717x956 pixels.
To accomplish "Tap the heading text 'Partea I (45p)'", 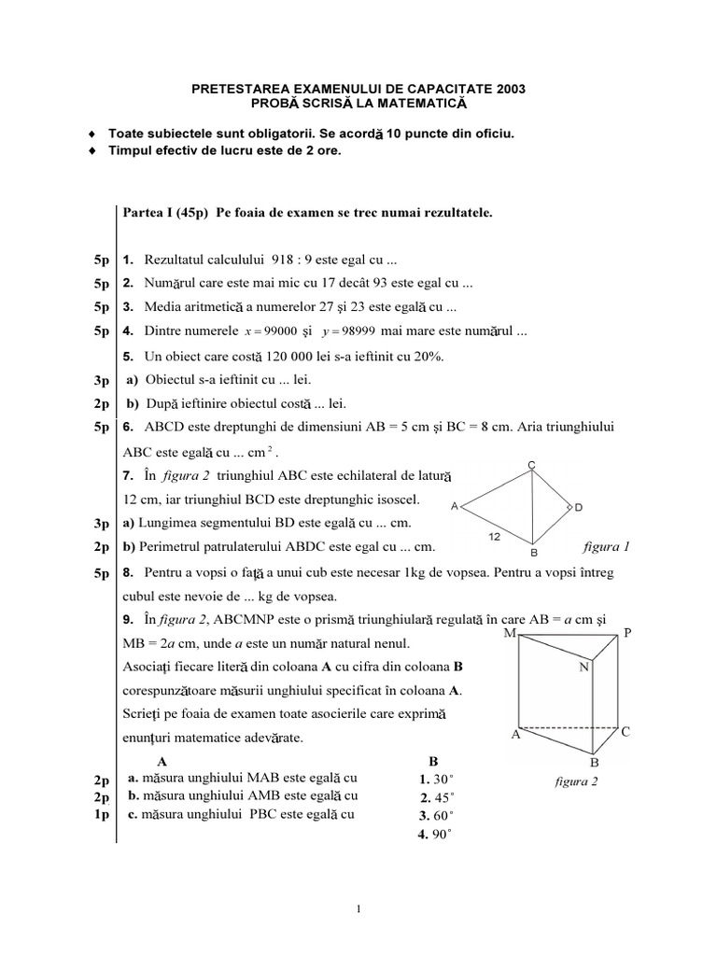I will pyautogui.click(x=166, y=213).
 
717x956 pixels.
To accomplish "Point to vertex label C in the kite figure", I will pyautogui.click(x=531, y=464).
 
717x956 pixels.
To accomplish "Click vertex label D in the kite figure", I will pyautogui.click(x=579, y=507).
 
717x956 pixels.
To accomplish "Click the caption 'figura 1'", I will pyautogui.click(x=606, y=548).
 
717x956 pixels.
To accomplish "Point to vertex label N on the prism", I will pyautogui.click(x=583, y=667).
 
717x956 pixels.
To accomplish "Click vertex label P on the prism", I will pyautogui.click(x=627, y=633).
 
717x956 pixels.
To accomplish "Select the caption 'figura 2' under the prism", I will pyautogui.click(x=576, y=781).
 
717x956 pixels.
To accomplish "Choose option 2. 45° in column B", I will pyautogui.click(x=436, y=797).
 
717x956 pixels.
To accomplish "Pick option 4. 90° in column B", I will pyautogui.click(x=435, y=835).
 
